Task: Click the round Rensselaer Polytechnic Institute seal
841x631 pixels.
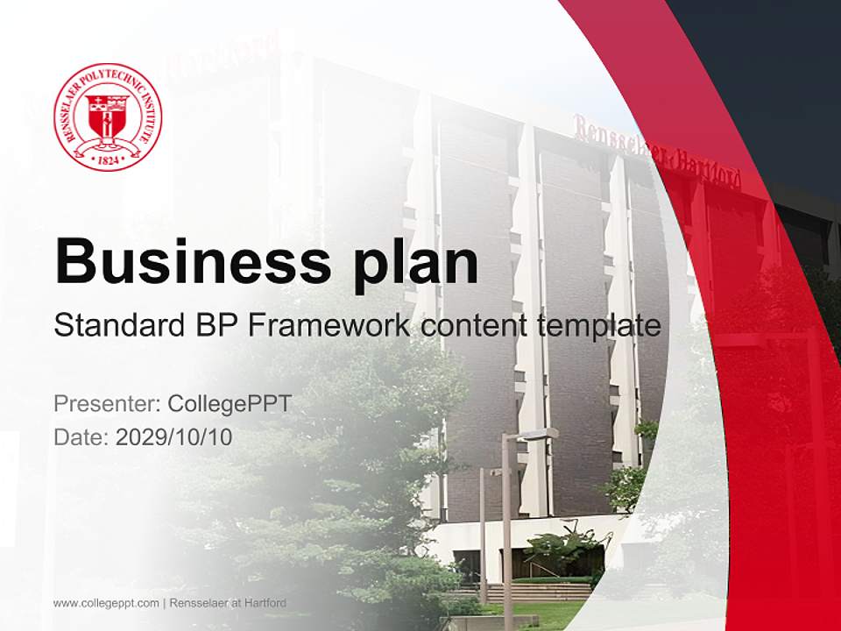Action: [x=108, y=117]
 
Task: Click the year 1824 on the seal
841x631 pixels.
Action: [x=107, y=160]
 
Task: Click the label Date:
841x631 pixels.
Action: [x=81, y=436]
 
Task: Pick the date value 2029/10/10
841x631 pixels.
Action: [x=174, y=436]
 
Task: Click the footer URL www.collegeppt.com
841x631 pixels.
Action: [x=106, y=603]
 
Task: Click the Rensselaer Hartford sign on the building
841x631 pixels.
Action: [x=657, y=154]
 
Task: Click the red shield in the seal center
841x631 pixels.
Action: [x=107, y=114]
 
